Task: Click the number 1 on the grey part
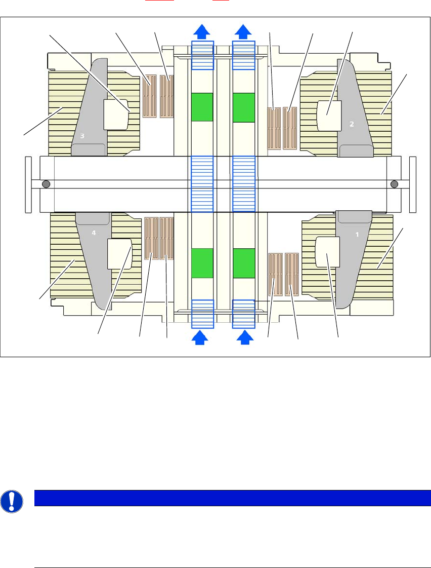click(x=358, y=235)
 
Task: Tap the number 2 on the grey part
click(x=352, y=124)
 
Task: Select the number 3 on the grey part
click(x=82, y=136)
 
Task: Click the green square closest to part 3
click(x=202, y=107)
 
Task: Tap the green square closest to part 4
click(x=202, y=263)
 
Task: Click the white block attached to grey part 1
click(x=328, y=252)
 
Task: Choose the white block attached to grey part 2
click(x=329, y=115)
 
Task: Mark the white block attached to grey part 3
click(x=116, y=115)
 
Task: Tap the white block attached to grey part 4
click(x=119, y=253)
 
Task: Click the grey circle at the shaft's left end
click(x=46, y=183)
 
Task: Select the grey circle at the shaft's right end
click(x=395, y=183)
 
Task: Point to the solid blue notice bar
click(x=232, y=498)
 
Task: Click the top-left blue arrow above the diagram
click(x=202, y=31)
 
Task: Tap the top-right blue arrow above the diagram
click(x=243, y=31)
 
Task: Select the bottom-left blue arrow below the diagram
click(x=200, y=337)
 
